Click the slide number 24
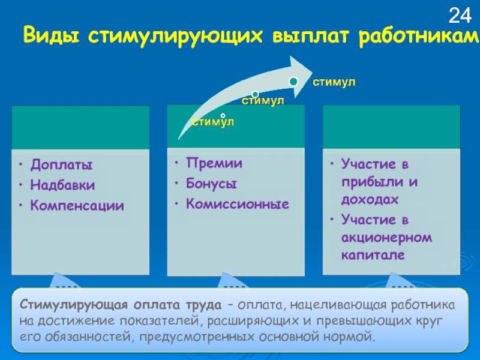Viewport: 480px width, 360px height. click(x=460, y=14)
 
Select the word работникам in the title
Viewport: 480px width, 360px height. click(x=421, y=37)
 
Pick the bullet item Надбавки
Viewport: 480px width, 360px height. click(x=62, y=185)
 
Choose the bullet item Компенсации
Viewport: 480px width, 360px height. click(x=77, y=206)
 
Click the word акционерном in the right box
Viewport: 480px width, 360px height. click(x=386, y=238)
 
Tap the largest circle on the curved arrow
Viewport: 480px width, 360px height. click(x=293, y=81)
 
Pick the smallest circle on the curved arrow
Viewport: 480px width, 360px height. click(x=223, y=115)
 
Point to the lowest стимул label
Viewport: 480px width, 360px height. click(x=212, y=122)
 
